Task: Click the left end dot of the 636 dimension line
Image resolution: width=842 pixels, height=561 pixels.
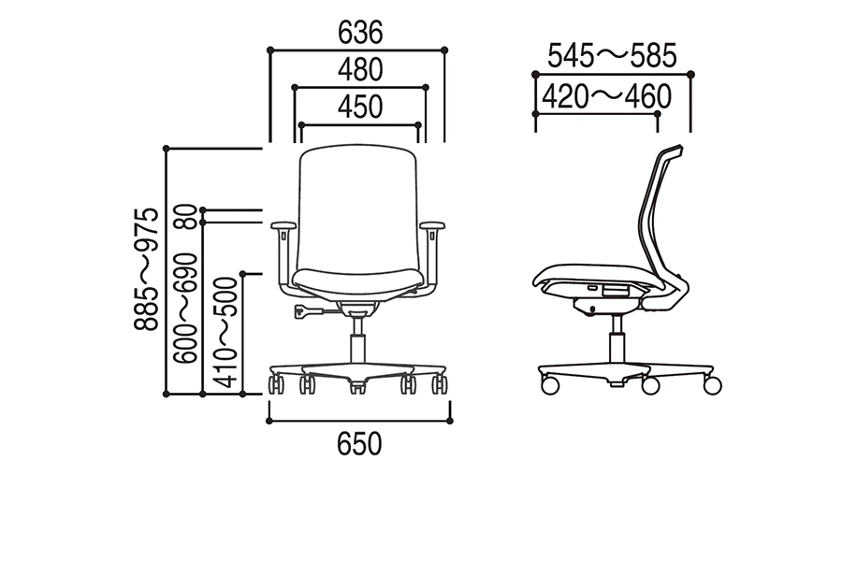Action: click(270, 50)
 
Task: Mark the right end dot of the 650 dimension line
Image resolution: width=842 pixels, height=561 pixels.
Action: click(450, 421)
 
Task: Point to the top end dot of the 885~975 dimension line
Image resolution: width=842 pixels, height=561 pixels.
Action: click(167, 148)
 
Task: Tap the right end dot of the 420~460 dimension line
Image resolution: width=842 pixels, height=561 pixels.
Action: click(658, 114)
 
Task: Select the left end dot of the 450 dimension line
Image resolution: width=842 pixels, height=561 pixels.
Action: click(301, 125)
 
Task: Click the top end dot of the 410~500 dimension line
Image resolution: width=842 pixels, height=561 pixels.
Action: click(242, 274)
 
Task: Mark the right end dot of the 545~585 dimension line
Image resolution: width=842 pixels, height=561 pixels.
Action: click(691, 75)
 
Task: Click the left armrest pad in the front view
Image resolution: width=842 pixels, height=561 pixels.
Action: click(283, 225)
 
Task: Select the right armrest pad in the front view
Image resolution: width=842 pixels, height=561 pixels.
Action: click(433, 225)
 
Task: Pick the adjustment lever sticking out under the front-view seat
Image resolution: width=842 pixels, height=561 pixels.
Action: click(309, 310)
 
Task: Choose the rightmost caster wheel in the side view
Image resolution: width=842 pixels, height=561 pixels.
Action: click(713, 385)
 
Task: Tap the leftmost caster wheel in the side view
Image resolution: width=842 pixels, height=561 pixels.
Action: click(550, 385)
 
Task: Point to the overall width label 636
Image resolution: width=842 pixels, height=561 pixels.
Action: click(360, 33)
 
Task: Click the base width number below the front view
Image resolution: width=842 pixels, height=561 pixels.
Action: click(360, 444)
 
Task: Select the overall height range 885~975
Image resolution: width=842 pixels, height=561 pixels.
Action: click(147, 269)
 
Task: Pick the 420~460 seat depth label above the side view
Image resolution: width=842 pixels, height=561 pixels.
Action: click(607, 96)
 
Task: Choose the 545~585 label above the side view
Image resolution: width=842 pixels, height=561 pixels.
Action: click(612, 56)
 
